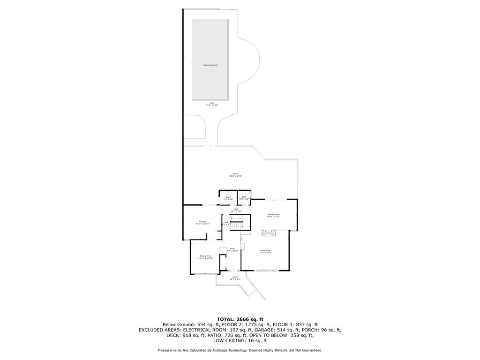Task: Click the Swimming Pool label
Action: (210, 65)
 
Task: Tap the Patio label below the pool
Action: (212, 103)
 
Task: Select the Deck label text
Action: (235, 174)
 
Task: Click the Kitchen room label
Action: (202, 222)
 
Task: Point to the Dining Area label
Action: (205, 256)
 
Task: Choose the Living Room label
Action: (265, 251)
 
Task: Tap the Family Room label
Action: (273, 214)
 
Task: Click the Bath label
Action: (244, 197)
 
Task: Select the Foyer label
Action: (232, 248)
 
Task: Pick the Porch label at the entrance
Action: (235, 277)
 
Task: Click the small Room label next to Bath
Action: (228, 197)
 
